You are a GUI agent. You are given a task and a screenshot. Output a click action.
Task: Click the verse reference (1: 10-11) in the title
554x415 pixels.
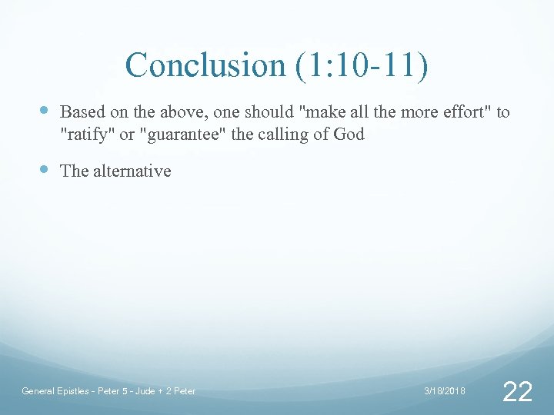(360, 65)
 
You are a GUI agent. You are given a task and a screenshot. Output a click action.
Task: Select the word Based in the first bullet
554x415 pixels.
(79, 112)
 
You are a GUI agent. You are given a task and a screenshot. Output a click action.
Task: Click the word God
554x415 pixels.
(349, 135)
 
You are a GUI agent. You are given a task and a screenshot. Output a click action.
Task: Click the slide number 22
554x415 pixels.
(516, 392)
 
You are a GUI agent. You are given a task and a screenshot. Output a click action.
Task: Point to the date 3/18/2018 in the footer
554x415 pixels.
(445, 391)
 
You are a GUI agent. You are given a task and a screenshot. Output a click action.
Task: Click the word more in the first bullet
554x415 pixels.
(422, 112)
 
